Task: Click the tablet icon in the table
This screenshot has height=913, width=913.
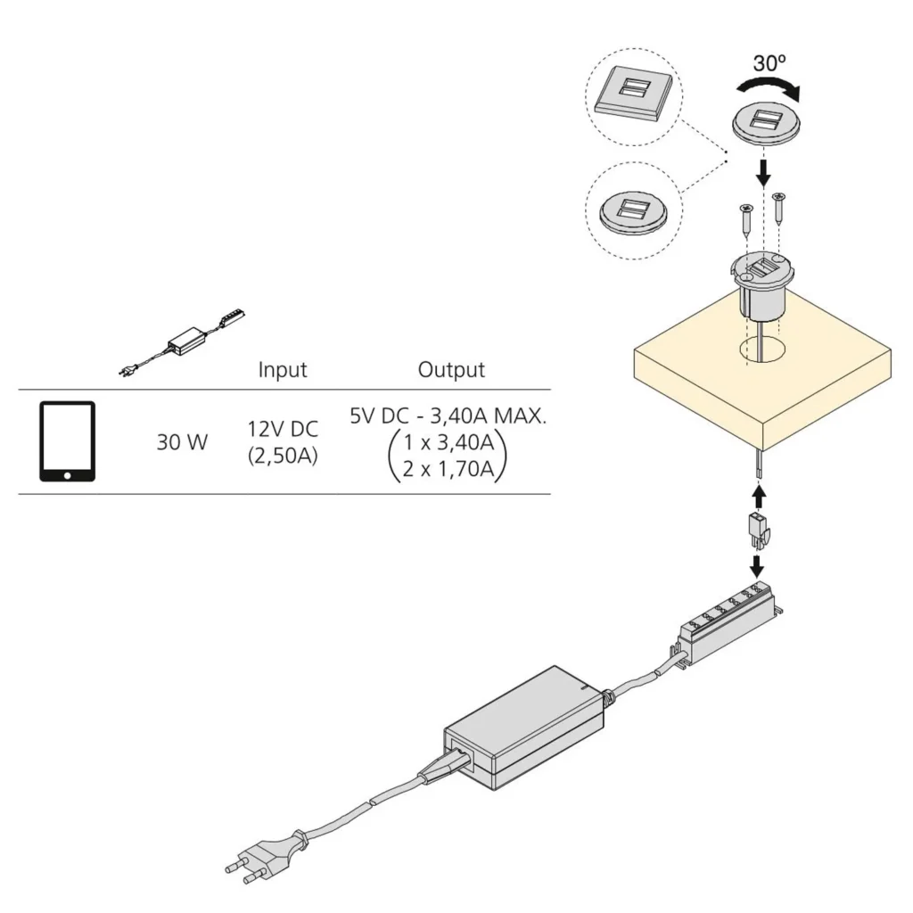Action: point(67,441)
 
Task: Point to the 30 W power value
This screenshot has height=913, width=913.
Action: point(182,441)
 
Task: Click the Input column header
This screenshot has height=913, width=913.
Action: point(283,369)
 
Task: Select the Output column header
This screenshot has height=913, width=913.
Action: point(451,369)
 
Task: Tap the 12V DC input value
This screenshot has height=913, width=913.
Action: point(283,429)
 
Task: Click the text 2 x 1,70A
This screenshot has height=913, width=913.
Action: point(448,468)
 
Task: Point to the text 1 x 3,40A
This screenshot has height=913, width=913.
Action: point(448,442)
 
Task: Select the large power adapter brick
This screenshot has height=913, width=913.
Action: point(522,727)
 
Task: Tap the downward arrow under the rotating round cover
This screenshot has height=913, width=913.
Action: point(763,169)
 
